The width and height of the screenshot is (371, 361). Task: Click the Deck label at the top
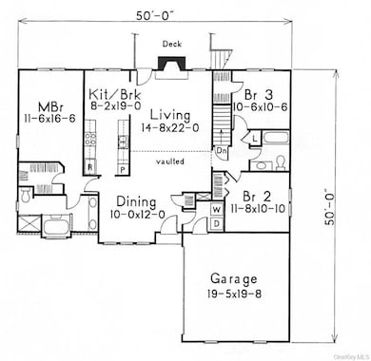[x=171, y=44]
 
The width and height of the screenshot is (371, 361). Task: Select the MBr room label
[x=49, y=106]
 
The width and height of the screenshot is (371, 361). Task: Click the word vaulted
[x=172, y=162]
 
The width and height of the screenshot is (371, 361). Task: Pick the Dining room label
[x=138, y=201]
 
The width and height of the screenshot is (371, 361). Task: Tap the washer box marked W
[x=216, y=208]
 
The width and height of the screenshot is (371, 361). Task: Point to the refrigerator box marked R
[x=89, y=166]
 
